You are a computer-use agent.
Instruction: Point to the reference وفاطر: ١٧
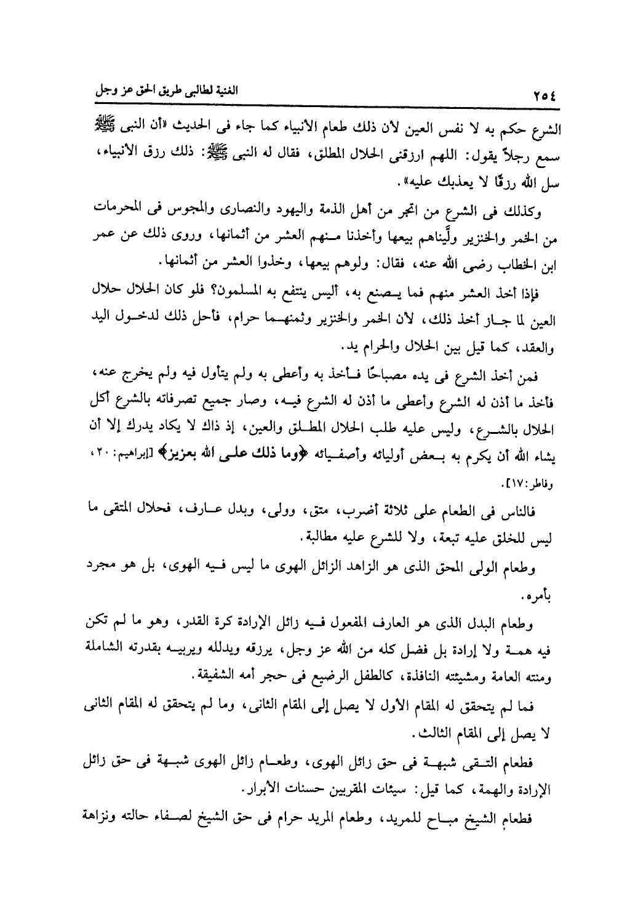coord(535,480)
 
